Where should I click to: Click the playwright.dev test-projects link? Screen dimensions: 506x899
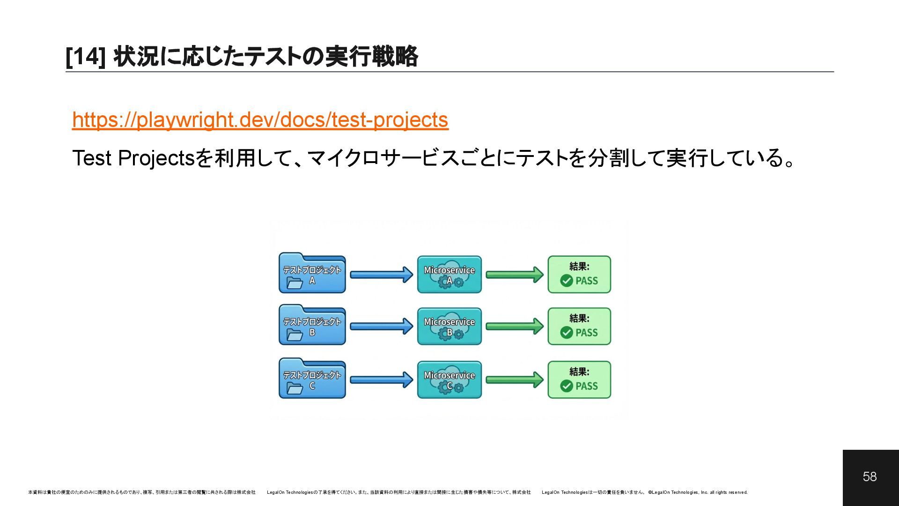click(260, 120)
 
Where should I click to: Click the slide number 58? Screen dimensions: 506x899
click(870, 477)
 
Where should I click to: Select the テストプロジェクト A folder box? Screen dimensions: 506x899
click(312, 274)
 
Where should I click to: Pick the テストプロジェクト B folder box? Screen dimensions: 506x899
click(312, 326)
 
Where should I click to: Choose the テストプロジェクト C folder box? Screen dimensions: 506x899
click(312, 379)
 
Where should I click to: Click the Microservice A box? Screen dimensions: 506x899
click(449, 275)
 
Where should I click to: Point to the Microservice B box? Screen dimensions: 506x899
click(449, 327)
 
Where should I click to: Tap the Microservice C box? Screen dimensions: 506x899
click(449, 380)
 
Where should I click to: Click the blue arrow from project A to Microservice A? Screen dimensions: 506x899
click(381, 275)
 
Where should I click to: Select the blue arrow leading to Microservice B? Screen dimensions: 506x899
click(381, 326)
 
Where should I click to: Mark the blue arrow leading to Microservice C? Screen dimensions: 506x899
click(381, 379)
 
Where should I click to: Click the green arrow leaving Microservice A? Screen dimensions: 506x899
click(514, 275)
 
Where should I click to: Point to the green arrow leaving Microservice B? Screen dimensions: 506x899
click(514, 326)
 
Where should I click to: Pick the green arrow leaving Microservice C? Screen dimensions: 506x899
click(514, 379)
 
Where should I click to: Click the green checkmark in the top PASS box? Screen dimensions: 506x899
click(567, 281)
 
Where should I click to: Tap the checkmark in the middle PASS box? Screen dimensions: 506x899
click(567, 333)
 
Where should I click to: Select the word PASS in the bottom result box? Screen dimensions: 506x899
click(587, 386)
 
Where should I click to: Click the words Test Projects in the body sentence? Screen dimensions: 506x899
click(133, 158)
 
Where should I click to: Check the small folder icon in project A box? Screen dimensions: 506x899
click(295, 283)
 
